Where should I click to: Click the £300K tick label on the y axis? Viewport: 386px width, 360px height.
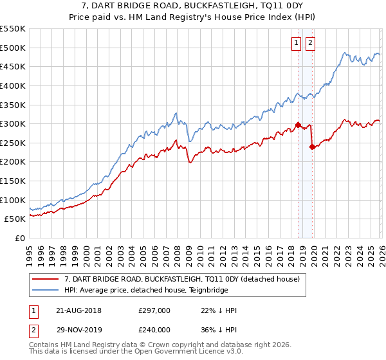pos(13,123)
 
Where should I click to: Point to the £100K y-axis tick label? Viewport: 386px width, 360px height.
pos(13,200)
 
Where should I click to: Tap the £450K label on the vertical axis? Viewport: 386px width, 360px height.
pos(13,66)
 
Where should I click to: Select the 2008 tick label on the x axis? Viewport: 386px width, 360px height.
pos(177,251)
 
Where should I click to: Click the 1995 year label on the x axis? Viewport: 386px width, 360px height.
pos(30,251)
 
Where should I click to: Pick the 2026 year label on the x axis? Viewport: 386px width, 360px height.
pos(381,251)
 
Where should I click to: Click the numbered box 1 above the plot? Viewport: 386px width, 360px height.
pos(297,43)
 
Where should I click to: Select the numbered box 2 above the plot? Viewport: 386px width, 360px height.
pos(310,43)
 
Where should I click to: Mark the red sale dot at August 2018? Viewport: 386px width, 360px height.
pos(298,125)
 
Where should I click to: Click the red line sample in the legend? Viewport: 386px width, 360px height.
pos(45,280)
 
